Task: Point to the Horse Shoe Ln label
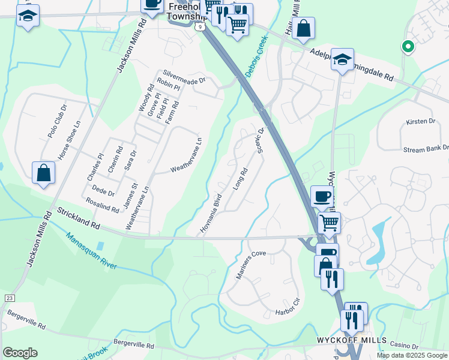coord(69,141)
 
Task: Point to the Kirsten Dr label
coord(420,122)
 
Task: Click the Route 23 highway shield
coord(9,298)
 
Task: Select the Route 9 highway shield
coord(199,26)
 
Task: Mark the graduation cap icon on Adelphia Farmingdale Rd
coord(342,59)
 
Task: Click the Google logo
coord(20,352)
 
